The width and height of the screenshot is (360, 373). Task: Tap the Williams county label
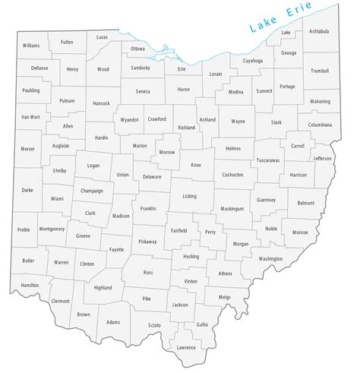click(x=30, y=46)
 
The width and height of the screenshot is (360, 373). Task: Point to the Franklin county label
click(x=148, y=207)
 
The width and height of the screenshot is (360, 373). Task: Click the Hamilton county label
click(x=30, y=285)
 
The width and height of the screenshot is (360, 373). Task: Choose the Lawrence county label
click(x=185, y=348)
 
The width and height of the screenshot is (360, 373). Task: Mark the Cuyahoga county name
click(x=253, y=60)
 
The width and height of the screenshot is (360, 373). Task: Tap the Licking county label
click(x=189, y=196)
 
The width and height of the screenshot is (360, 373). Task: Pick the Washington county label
click(x=270, y=258)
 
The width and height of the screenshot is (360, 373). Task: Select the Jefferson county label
click(x=323, y=158)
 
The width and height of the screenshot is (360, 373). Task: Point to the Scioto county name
click(x=154, y=325)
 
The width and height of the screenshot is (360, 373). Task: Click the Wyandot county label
click(x=130, y=119)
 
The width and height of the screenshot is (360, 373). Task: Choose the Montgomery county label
click(x=52, y=228)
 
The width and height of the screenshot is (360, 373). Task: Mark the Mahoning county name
click(x=320, y=100)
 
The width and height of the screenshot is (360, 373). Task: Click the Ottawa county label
click(x=137, y=49)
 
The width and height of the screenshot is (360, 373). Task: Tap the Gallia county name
click(x=202, y=324)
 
